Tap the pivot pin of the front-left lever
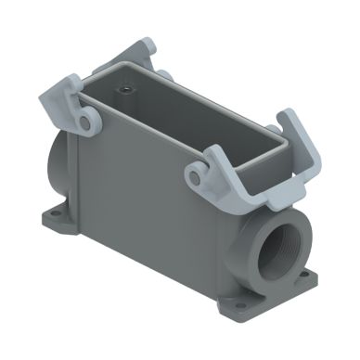click(x=84, y=122)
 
